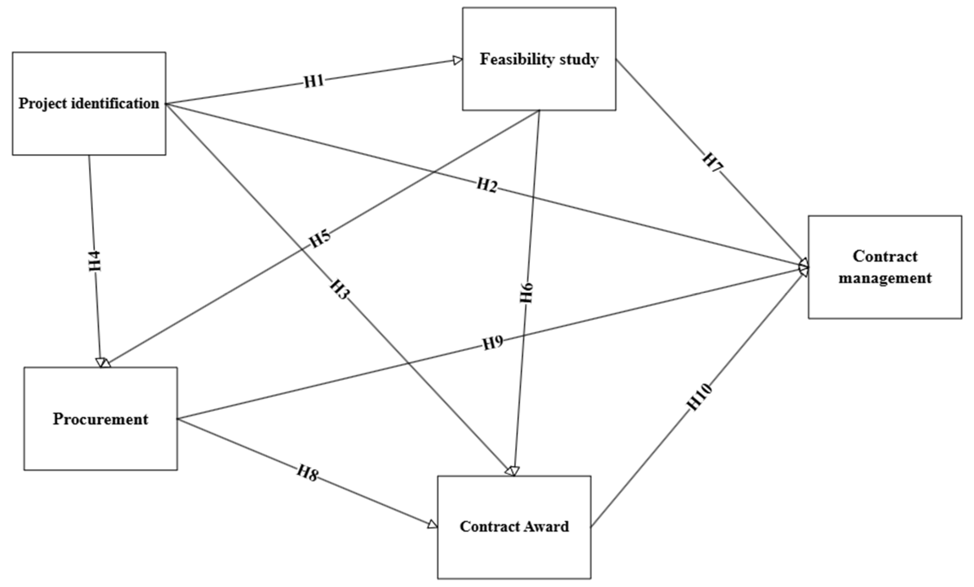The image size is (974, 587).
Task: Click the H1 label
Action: (x=314, y=81)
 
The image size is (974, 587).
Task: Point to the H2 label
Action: (x=486, y=185)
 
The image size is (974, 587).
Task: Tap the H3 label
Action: (x=340, y=289)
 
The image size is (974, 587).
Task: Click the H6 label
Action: (x=527, y=293)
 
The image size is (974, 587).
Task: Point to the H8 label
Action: (x=308, y=473)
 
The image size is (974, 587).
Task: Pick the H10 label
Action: (x=700, y=397)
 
